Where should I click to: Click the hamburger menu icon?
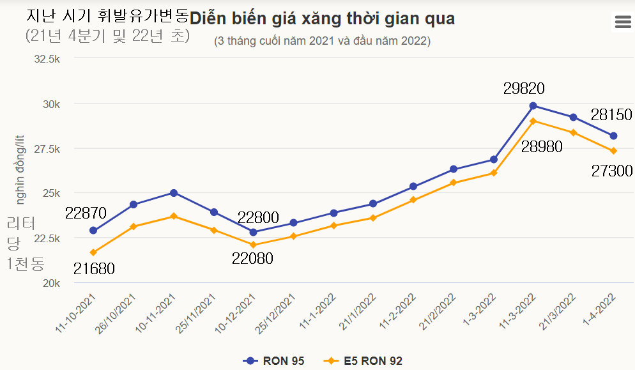click(x=622, y=22)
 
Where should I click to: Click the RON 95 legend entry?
click(x=274, y=361)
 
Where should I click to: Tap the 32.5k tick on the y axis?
click(x=47, y=59)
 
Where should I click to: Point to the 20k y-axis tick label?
click(x=51, y=282)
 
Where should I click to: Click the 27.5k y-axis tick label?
click(x=47, y=148)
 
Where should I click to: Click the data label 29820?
click(x=524, y=89)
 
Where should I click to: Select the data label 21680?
click(x=94, y=269)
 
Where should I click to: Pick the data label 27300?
click(x=611, y=171)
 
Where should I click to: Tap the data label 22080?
click(x=252, y=259)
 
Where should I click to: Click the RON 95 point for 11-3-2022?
click(x=533, y=105)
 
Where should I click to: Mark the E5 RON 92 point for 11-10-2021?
click(x=93, y=252)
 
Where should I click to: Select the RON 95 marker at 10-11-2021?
click(x=173, y=192)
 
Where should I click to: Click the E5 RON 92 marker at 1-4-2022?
click(x=613, y=151)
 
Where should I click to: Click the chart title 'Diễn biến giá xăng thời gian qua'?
click(x=323, y=19)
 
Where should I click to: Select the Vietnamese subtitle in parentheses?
click(x=323, y=42)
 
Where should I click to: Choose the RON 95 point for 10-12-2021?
click(x=254, y=232)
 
